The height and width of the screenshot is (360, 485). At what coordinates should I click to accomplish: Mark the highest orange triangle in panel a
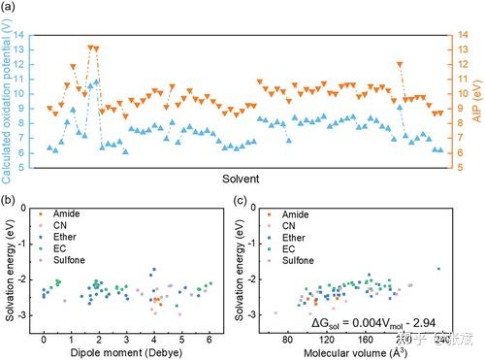point(92,47)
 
